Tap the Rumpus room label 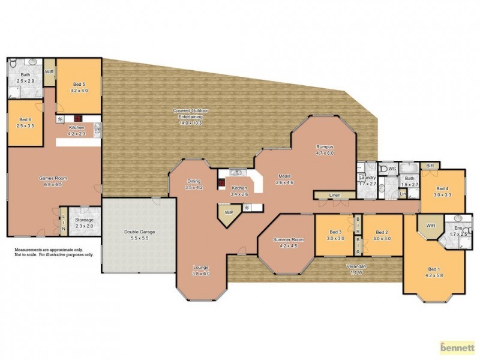coord(325,150)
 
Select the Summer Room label coord(288,242)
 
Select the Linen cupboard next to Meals coord(334,195)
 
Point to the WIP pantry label coord(229,212)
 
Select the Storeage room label coord(84,223)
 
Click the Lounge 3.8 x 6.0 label coord(200,270)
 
